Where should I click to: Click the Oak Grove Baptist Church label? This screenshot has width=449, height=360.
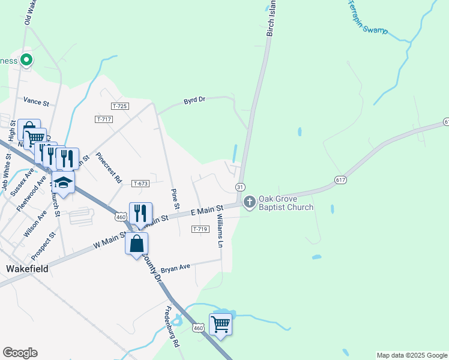[286, 203]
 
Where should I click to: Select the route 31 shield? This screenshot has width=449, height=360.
[240, 187]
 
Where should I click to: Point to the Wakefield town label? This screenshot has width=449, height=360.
[27, 269]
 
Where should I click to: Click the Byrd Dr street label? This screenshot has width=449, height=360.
[194, 100]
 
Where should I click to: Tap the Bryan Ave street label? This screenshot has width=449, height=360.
[175, 266]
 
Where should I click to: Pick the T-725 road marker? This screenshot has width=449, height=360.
[120, 106]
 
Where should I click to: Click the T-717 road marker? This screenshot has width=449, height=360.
[104, 119]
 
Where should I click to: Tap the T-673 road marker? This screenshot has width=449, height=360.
[140, 183]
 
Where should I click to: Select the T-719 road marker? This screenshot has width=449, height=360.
[200, 229]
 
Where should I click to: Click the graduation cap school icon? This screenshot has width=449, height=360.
[63, 181]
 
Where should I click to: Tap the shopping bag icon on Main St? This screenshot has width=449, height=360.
[136, 244]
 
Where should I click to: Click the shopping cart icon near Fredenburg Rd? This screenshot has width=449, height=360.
[220, 324]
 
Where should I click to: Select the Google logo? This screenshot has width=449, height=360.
[20, 353]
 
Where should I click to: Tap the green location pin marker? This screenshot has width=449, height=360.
[26, 59]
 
